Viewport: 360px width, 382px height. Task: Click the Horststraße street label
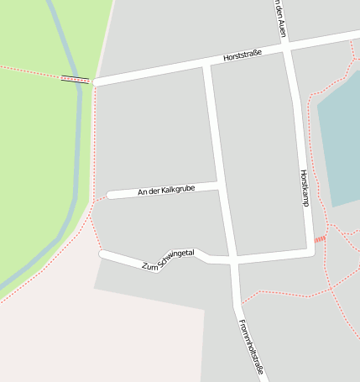pos(243,56)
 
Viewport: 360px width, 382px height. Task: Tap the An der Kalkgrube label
pos(166,191)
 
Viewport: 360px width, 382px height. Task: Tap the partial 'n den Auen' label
pos(279,18)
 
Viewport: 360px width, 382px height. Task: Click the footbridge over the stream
pos(75,80)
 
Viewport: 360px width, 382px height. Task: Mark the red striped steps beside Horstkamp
pos(320,239)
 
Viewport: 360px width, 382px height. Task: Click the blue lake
pos(340,143)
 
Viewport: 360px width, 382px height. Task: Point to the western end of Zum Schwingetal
pos(102,253)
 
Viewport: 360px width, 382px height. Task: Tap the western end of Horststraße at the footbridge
pos(94,82)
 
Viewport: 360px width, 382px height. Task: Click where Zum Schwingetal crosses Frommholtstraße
pos(232,260)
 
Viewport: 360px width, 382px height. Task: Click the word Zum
pos(149,266)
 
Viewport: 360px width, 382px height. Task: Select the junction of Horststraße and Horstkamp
pos(287,49)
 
